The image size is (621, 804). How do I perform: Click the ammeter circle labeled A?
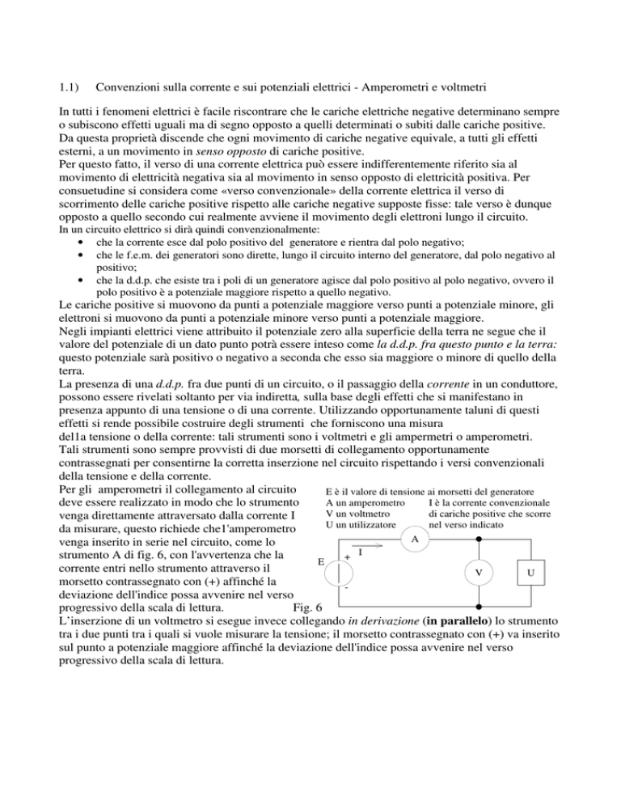pyautogui.click(x=415, y=540)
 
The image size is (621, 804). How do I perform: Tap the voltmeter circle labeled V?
pyautogui.click(x=479, y=573)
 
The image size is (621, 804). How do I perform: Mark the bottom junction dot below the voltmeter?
pyautogui.click(x=479, y=606)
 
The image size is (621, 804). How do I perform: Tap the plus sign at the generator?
pyautogui.click(x=347, y=557)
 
